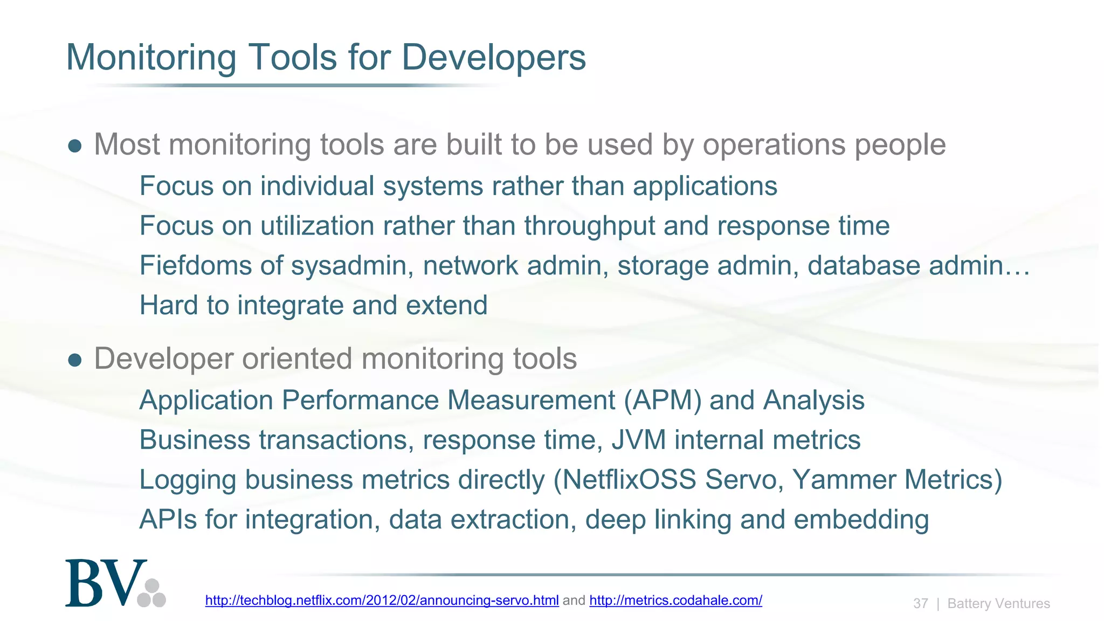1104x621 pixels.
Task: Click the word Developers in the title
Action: point(493,57)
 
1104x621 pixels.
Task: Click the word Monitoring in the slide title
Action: point(151,57)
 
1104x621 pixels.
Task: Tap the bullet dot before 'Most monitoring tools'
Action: point(75,146)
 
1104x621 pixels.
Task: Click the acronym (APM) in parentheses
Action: point(663,401)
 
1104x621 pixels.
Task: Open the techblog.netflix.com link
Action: point(382,600)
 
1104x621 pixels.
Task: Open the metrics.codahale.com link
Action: point(675,600)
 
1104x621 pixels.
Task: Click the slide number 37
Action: point(920,603)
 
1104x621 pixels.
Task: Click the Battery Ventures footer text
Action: point(998,603)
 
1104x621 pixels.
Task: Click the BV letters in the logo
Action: point(105,584)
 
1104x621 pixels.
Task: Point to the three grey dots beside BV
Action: point(152,594)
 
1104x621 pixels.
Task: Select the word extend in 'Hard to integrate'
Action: point(446,305)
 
